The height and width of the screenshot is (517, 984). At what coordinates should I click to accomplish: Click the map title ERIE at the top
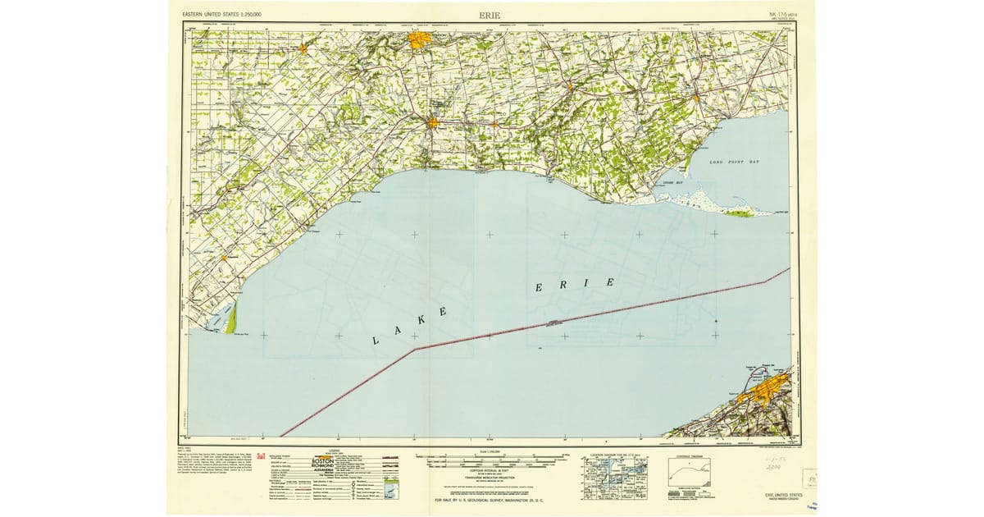coord(491,15)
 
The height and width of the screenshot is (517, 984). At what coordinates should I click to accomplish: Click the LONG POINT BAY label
coord(735,162)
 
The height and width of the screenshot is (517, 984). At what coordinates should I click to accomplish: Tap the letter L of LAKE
coord(376,340)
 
